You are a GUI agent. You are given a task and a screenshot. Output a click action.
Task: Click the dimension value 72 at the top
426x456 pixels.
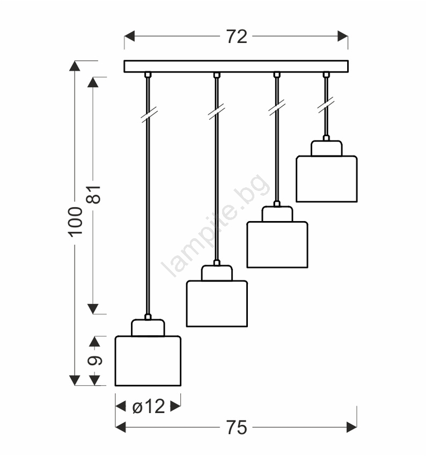237,36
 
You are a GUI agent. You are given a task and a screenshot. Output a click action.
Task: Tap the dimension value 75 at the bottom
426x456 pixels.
237,428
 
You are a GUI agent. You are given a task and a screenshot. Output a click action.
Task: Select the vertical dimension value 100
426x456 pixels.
75,222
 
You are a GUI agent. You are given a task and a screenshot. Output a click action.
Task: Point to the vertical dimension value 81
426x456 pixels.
94,194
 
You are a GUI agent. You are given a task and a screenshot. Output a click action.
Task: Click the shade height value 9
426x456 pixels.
95,361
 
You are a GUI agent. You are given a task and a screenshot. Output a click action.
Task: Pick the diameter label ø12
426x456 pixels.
149,406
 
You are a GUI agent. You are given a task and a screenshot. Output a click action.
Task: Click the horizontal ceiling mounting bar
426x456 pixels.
236,67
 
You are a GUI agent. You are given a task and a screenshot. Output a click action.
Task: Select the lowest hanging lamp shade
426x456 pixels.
148,361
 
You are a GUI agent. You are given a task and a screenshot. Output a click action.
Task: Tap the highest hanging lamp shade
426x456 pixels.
327,179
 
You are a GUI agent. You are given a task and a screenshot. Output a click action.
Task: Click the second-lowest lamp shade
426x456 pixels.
217,304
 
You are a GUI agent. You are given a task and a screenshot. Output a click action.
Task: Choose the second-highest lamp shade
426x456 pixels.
277,245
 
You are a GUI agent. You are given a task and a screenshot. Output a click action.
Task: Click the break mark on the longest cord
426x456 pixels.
149,115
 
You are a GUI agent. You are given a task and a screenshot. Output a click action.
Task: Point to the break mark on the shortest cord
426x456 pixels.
326,105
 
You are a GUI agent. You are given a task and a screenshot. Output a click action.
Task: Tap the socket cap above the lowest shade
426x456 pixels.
148,328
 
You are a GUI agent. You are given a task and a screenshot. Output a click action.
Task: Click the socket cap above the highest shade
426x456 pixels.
327,148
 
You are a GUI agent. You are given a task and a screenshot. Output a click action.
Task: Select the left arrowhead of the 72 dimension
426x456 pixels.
129,36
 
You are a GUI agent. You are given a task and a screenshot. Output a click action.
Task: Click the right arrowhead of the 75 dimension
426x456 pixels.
352,427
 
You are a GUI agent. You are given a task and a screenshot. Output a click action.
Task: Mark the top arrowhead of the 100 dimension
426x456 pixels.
75,66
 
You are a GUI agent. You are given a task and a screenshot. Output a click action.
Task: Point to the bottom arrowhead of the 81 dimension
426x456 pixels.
93,309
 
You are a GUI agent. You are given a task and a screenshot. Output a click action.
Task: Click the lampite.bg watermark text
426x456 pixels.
216,225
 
